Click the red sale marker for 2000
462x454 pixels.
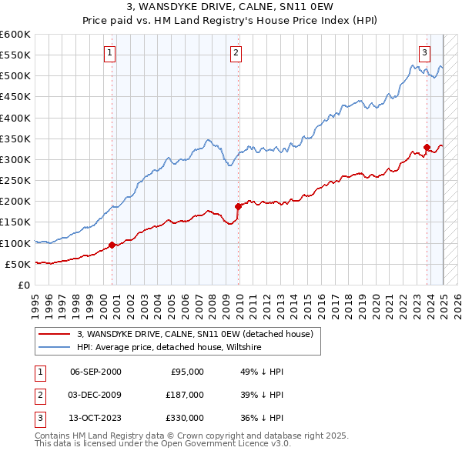112,245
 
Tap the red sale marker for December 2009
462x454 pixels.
238,206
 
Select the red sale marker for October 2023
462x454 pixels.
427,147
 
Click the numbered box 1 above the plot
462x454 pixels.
110,53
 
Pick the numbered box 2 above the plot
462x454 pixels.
236,53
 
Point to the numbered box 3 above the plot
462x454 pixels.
424,53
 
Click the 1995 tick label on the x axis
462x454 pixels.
35,300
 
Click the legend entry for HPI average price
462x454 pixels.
169,348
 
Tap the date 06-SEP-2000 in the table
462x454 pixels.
95,371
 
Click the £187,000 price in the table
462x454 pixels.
186,395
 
